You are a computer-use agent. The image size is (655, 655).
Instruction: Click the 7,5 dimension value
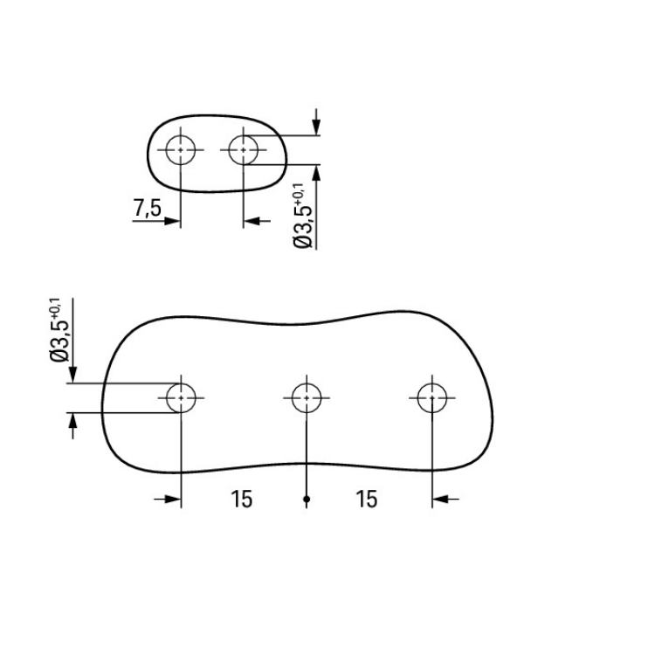coord(147,208)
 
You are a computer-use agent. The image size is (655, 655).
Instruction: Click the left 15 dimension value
coord(241,499)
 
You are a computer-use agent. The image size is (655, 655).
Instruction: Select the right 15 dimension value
coord(366,499)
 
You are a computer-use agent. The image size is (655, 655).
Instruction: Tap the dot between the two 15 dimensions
coord(307,499)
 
